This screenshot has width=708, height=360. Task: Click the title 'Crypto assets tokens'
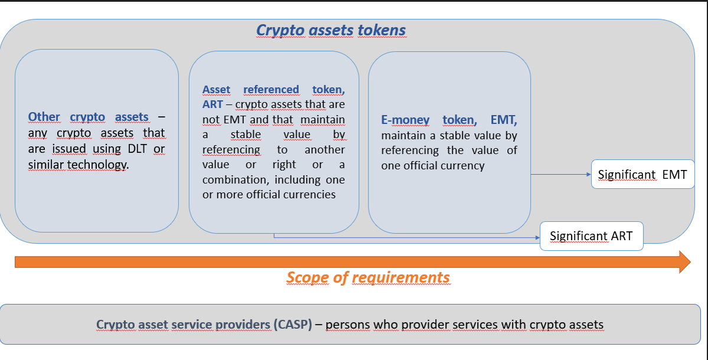[x=331, y=30]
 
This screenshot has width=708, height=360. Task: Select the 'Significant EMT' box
[x=642, y=174]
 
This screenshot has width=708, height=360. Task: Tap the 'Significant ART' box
[x=592, y=236]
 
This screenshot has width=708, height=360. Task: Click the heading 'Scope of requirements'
[x=368, y=277]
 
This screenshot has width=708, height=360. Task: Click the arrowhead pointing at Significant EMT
[x=588, y=174]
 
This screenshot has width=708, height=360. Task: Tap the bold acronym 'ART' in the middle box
[x=212, y=104]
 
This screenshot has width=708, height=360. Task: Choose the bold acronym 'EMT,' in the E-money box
[x=504, y=120]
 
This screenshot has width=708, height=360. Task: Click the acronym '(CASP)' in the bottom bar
[x=293, y=325]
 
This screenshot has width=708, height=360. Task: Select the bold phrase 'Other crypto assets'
[x=88, y=117]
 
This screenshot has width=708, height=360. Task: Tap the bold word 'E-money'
[x=405, y=120]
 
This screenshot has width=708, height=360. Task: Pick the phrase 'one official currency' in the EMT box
[x=433, y=166]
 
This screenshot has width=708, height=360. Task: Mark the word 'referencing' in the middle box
[x=231, y=150]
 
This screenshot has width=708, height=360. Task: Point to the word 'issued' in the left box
[x=68, y=149]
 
